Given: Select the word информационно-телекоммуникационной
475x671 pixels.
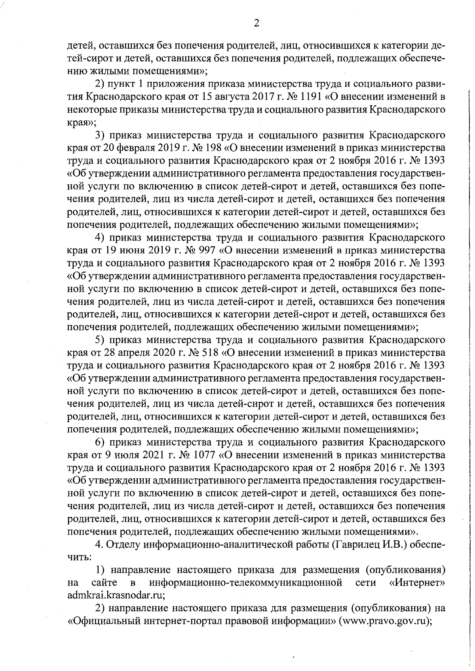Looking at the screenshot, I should click(x=245, y=583).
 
